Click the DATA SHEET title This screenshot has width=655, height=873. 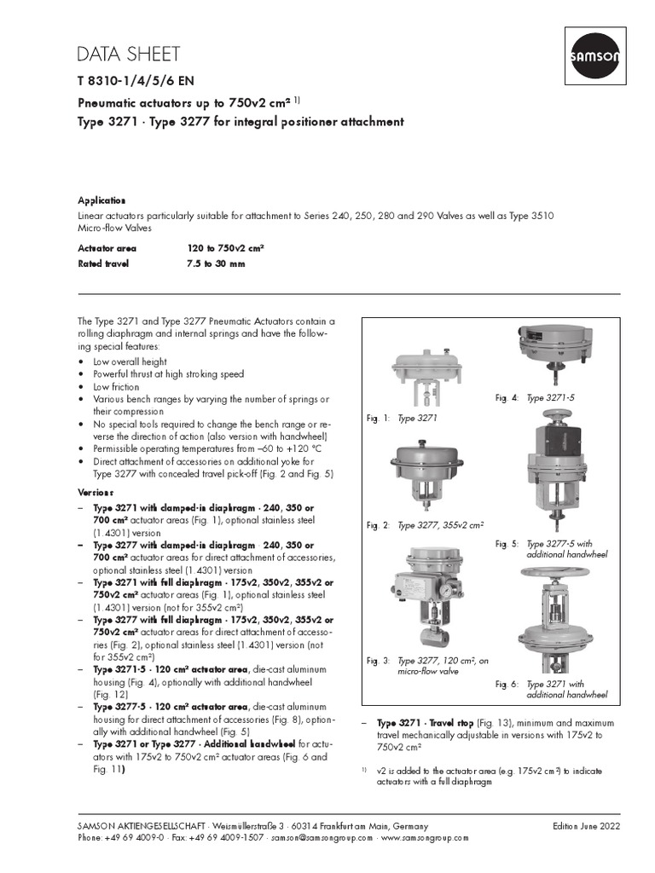129,55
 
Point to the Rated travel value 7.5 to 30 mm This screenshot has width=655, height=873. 216,264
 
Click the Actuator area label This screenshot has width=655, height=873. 107,248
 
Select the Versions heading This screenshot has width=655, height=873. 96,493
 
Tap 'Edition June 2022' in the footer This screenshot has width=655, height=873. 586,826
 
